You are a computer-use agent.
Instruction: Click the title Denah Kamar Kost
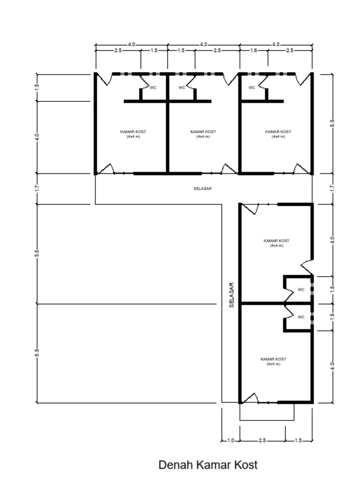click(x=208, y=465)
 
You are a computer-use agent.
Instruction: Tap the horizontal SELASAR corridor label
click(x=202, y=188)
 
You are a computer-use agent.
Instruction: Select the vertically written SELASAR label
click(x=232, y=295)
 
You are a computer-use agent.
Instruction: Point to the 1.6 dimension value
click(x=254, y=51)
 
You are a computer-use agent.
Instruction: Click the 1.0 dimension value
click(x=231, y=441)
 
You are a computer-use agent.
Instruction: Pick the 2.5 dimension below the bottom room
click(x=262, y=441)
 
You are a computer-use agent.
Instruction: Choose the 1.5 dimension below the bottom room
click(x=299, y=441)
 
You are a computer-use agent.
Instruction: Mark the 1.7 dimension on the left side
click(x=37, y=188)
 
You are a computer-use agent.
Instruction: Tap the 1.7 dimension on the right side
click(x=332, y=188)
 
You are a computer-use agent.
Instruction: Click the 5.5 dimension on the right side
click(x=332, y=123)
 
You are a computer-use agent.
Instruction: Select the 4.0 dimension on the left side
click(x=37, y=137)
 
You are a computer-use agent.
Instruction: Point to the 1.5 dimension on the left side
click(x=37, y=87)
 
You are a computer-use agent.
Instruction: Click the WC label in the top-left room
click(x=153, y=88)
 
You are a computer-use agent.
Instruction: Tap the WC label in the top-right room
click(x=252, y=88)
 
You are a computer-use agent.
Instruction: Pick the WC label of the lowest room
click(x=301, y=317)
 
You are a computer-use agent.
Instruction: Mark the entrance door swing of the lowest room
click(x=249, y=398)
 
